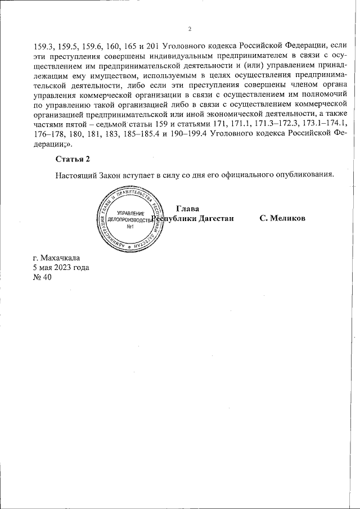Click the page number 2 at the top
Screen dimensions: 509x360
pyautogui.click(x=190, y=29)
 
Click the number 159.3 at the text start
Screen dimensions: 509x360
pyautogui.click(x=44, y=46)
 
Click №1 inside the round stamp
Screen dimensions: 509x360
pyautogui.click(x=129, y=227)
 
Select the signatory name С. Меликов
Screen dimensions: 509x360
pyautogui.click(x=282, y=218)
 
